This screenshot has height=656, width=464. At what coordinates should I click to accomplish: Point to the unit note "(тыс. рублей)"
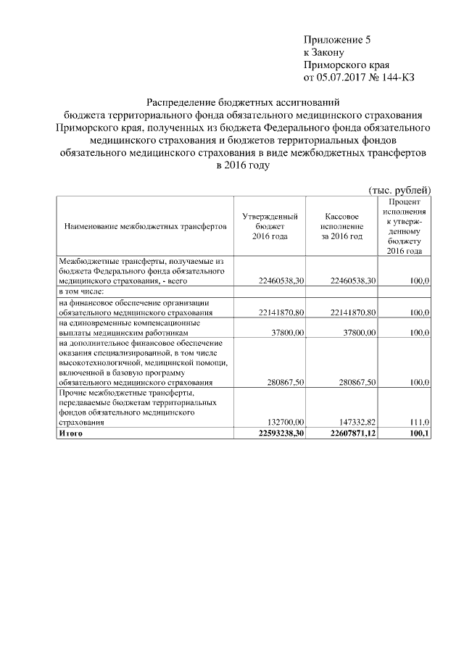coord(400,188)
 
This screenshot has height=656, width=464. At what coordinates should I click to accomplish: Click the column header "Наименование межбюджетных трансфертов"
coord(146,227)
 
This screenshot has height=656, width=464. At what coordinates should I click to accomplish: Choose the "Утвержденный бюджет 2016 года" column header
coord(270,227)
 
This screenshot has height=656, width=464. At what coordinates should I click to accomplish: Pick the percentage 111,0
coord(420,422)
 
